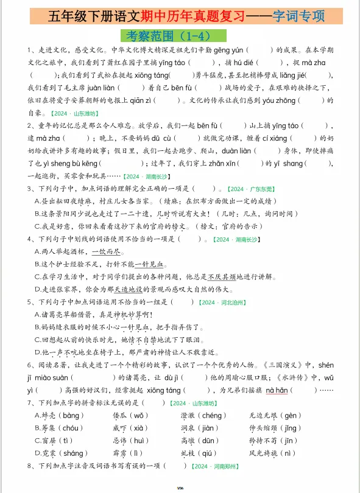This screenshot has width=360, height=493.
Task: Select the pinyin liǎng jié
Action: click(309, 75)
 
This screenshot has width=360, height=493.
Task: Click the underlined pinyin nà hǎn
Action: click(277, 390)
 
